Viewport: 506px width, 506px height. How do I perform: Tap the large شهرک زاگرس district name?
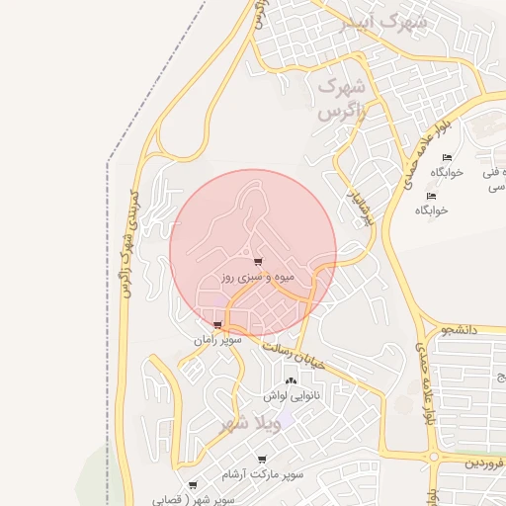tap(342, 99)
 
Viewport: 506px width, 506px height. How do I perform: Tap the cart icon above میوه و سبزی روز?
tap(258, 263)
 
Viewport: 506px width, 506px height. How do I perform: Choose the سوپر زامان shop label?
tap(217, 339)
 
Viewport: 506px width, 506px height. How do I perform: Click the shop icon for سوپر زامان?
tap(217, 324)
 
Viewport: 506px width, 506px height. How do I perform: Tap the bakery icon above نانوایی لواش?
tap(290, 380)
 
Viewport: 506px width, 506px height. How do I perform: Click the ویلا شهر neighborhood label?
tap(229, 425)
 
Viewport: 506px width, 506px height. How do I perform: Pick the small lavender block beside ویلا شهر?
tap(274, 422)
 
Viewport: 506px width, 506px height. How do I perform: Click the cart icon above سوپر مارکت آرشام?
tap(262, 460)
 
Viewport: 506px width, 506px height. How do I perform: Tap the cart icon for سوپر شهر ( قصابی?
tap(192, 485)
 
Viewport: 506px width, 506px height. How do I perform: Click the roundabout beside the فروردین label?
tap(435, 458)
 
